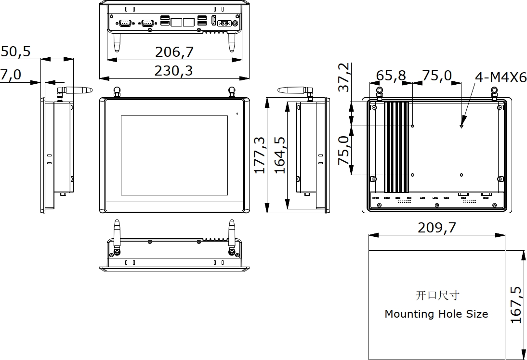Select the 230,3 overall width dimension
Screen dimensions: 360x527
tap(173, 71)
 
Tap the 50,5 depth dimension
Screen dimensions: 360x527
tap(15, 51)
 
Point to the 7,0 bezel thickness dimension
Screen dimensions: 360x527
tap(11, 75)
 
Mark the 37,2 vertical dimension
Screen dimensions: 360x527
tap(344, 77)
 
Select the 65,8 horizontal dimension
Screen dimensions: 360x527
tap(391, 76)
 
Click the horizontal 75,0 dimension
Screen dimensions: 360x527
tap(437, 76)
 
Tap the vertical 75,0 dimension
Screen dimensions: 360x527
tap(344, 150)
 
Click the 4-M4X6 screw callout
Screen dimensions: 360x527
tap(501, 77)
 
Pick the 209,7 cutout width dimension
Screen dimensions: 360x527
tap(436, 228)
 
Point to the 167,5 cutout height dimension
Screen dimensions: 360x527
tap(516, 305)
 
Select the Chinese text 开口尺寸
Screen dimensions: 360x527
tap(434, 295)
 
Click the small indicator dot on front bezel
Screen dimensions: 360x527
tap(237, 114)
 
